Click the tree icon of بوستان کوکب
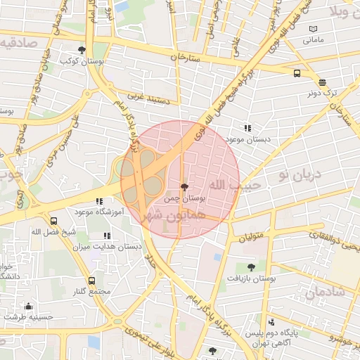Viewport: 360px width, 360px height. pos(82,50)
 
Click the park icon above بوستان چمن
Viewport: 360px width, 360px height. pos(184,187)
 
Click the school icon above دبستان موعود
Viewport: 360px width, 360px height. pos(247,128)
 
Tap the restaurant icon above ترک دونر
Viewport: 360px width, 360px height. pos(322,82)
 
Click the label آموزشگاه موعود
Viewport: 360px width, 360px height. pos(99,211)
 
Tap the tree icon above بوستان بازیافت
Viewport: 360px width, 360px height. pos(251,266)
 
